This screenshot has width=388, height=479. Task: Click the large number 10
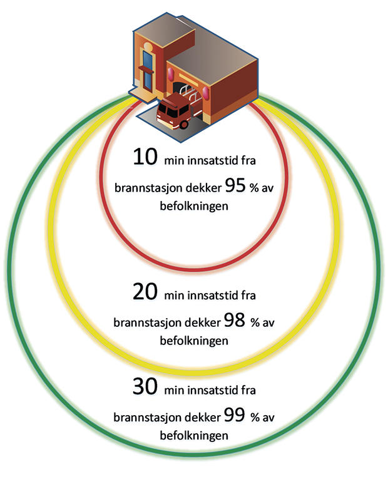(146, 158)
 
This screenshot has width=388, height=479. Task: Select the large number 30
(146, 386)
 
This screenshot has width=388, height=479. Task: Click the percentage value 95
(232, 185)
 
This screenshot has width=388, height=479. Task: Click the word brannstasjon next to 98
(145, 323)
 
